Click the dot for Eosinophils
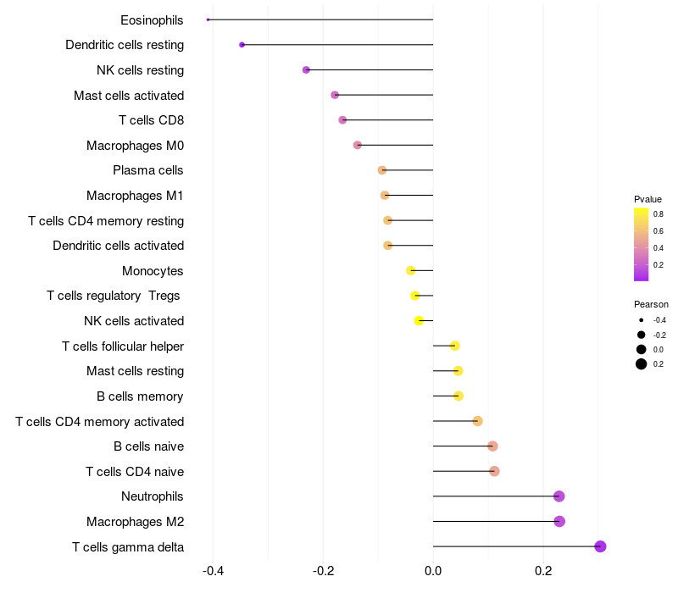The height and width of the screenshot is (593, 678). click(208, 19)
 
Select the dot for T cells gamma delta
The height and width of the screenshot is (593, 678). click(600, 546)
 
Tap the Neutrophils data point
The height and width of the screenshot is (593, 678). click(559, 496)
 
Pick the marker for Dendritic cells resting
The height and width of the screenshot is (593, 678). click(242, 45)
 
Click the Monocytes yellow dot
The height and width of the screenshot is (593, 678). click(411, 271)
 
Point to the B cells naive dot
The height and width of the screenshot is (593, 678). click(492, 446)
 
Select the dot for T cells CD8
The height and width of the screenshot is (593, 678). click(342, 120)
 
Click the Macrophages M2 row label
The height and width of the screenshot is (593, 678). click(135, 522)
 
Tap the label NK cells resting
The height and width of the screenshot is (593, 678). click(141, 70)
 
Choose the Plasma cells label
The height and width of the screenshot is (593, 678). click(148, 170)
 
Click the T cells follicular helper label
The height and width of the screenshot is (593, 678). click(123, 346)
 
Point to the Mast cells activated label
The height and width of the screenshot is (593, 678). click(129, 96)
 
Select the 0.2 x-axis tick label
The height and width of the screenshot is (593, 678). click(543, 571)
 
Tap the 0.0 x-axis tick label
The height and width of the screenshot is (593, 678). click(433, 571)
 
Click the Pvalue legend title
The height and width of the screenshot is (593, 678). click(647, 199)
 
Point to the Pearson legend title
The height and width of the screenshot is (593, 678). click(651, 304)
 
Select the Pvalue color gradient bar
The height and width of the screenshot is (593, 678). click(642, 244)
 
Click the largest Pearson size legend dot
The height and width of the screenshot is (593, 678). click(642, 364)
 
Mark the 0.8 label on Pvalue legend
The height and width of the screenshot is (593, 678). click(659, 214)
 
